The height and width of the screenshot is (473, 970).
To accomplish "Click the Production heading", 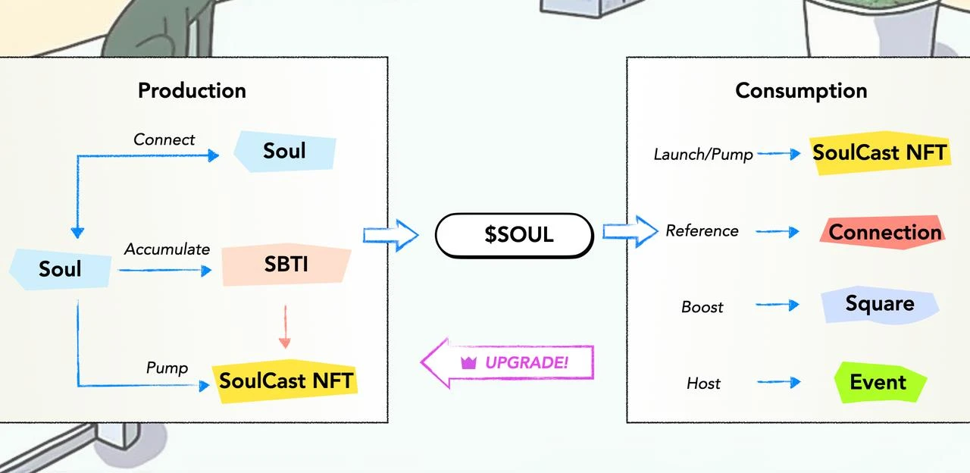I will coord(192,90).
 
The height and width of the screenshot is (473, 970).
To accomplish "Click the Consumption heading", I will coord(801,90).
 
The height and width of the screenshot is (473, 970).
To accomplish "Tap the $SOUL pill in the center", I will coord(514,234).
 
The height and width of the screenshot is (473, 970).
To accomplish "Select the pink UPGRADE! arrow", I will coord(508,362).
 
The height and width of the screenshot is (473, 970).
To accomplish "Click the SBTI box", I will coord(286,265).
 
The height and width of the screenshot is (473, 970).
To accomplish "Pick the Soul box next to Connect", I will coord(284,151).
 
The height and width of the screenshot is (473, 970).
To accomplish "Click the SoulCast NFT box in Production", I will coord(286,380).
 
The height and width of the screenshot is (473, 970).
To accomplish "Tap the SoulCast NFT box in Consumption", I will coord(879,153).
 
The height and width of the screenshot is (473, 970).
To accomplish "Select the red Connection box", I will coord(884,232).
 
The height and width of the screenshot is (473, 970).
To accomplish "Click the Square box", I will coord(879,304).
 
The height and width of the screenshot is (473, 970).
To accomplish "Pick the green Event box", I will coord(879,382).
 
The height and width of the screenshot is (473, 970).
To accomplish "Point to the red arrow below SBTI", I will coord(285,326).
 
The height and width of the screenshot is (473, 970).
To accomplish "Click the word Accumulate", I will coord(167,249).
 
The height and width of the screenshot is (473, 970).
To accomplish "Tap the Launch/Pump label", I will coord(703,155).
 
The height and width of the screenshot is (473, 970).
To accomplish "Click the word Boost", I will coord(702,307).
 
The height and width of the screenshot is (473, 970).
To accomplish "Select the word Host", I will coord(703,384).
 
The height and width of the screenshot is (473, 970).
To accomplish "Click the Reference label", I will coord(702,231).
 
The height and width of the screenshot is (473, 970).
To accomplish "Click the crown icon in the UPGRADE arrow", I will coord(468,363).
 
